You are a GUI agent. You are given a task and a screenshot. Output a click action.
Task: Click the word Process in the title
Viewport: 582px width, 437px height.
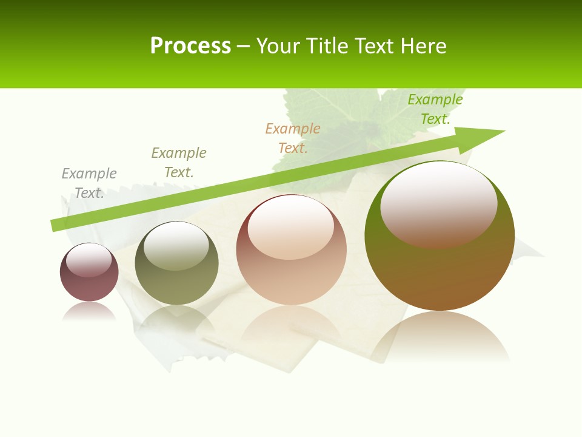190,46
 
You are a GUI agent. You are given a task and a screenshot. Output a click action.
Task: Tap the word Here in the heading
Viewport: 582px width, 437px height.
424,46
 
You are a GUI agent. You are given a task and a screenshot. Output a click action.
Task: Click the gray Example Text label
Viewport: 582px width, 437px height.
89,183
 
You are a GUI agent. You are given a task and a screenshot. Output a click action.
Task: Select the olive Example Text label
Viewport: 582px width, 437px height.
179,162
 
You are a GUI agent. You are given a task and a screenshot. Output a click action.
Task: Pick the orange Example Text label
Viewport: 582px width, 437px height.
293,138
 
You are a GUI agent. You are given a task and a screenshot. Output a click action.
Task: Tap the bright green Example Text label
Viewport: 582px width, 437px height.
435,109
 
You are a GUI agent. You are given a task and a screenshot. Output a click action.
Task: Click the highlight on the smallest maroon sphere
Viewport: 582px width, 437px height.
89,260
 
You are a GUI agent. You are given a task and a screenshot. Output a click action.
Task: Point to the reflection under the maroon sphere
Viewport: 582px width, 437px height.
89,312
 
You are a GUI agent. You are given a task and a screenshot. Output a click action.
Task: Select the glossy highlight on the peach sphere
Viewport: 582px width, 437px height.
291,227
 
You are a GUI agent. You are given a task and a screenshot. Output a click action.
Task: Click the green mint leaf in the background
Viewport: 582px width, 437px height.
339,121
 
